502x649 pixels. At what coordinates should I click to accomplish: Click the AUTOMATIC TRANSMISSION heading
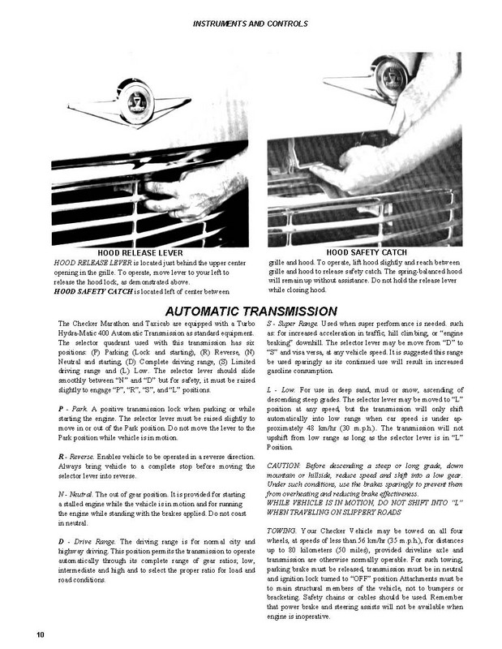coord(251,311)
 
